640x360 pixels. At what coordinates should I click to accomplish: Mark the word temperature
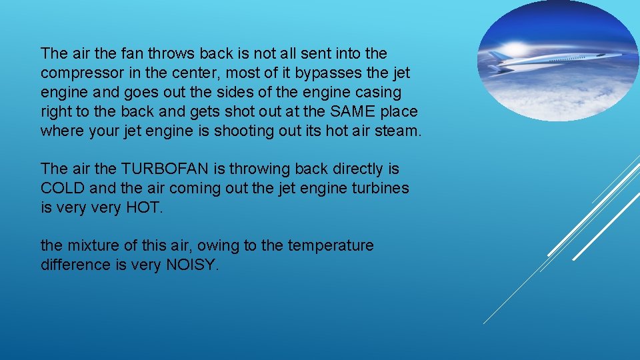tap(331, 246)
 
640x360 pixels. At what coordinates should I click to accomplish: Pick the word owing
tap(219, 246)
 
